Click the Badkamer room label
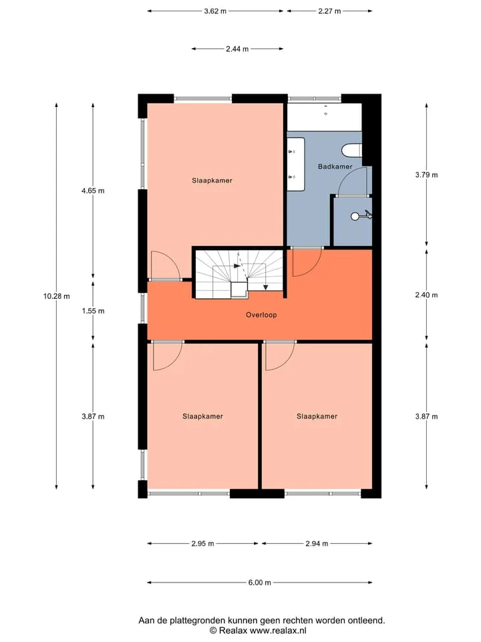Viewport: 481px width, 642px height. (335, 167)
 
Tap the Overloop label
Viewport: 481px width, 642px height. (261, 315)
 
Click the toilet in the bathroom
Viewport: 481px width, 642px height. (352, 150)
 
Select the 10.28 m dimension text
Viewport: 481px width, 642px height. (56, 296)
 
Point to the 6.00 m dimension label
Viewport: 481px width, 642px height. (260, 582)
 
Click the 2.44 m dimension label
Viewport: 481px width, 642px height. (237, 49)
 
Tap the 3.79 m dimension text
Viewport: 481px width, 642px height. (426, 175)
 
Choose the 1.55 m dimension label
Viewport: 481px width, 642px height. (93, 311)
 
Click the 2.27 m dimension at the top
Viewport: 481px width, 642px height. (329, 11)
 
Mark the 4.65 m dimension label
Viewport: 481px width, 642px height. (93, 191)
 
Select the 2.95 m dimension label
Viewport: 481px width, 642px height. (202, 544)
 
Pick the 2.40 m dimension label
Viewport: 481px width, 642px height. (426, 295)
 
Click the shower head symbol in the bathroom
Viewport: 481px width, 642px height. (361, 215)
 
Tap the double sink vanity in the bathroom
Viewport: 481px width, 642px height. (296, 165)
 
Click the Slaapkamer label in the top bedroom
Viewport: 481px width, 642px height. (212, 181)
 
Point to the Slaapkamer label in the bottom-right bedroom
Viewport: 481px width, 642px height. (317, 417)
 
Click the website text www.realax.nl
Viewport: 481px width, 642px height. (278, 631)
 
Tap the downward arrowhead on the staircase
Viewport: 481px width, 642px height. (265, 288)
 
